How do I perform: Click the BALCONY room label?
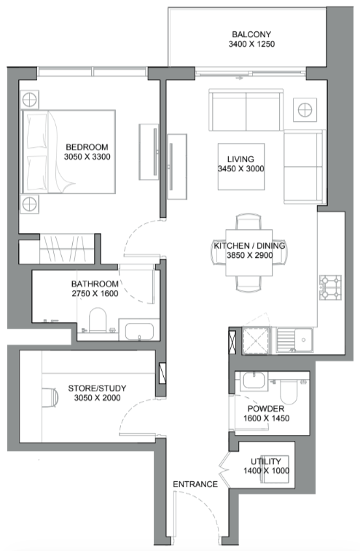point(251,34)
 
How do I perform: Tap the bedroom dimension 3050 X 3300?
point(87,157)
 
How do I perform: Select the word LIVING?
point(240,159)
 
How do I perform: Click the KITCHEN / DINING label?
point(250,246)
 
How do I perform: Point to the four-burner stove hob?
point(330,287)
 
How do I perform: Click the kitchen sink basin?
point(303,340)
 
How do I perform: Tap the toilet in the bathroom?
point(98,320)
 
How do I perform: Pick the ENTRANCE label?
point(195,484)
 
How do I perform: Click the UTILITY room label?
point(266,461)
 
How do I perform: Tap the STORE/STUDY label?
point(97,388)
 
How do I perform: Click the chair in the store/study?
point(50,398)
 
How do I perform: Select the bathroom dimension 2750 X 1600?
point(95,294)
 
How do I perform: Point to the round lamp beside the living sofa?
point(305,110)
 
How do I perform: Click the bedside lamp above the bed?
point(29,100)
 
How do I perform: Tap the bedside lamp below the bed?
point(29,204)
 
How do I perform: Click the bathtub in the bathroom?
point(139,329)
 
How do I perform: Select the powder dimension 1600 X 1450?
point(266,418)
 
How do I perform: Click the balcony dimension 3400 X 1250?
point(251,44)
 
